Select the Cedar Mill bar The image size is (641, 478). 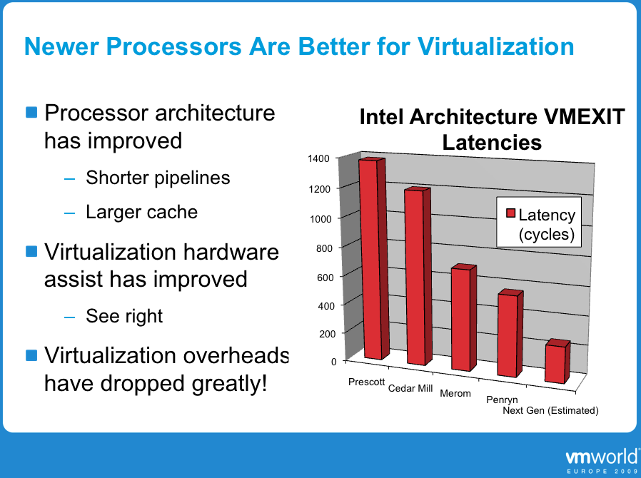(x=418, y=276)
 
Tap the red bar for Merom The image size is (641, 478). (x=463, y=317)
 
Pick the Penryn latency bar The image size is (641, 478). (x=510, y=333)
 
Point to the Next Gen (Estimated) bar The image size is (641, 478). (x=557, y=361)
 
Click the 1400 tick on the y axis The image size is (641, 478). (x=319, y=158)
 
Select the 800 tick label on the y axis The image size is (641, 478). (x=324, y=248)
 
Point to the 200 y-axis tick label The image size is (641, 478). (x=327, y=334)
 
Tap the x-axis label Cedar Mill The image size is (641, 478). (x=410, y=388)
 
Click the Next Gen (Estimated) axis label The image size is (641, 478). (x=550, y=410)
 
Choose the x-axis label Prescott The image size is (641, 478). (x=366, y=382)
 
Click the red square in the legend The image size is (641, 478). (x=510, y=213)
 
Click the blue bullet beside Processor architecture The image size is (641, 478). (x=31, y=112)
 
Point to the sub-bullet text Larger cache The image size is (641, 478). (x=141, y=212)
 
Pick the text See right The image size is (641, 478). (x=124, y=316)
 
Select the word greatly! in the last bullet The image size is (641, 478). (x=230, y=384)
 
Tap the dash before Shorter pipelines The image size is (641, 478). (x=69, y=178)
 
